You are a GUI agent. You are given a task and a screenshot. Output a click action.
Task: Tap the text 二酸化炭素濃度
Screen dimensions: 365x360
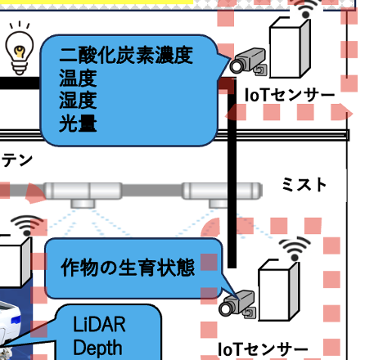point(126,56)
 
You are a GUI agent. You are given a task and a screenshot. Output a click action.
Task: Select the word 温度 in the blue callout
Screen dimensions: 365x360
point(78,79)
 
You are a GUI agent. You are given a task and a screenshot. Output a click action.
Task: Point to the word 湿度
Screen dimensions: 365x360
point(78,101)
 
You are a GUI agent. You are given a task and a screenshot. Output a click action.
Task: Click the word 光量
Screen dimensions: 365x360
point(78,124)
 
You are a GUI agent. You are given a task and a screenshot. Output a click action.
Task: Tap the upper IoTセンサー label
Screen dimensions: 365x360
point(290,95)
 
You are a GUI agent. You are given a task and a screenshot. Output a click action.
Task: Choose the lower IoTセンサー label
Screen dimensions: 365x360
point(263,349)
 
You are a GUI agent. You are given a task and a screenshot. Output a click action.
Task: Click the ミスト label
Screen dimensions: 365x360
point(304,185)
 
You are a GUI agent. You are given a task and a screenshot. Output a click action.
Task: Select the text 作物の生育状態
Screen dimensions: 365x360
point(128,268)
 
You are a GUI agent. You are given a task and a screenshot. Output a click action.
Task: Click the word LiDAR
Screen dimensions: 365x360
point(99,324)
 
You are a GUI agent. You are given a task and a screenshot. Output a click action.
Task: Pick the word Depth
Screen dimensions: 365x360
point(97,348)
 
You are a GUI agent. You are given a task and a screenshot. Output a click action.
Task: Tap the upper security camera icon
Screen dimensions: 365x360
point(248,61)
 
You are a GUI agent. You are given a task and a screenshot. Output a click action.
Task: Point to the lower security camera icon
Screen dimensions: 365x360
point(237,304)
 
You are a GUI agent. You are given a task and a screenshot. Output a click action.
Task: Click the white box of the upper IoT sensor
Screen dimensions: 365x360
point(290,47)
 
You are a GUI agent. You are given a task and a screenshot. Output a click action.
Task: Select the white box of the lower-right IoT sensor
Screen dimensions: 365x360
point(279,290)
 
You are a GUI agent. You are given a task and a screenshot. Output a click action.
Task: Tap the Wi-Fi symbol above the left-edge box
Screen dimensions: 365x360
point(27,226)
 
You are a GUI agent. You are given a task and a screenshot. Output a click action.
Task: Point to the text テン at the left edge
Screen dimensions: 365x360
point(17,160)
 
